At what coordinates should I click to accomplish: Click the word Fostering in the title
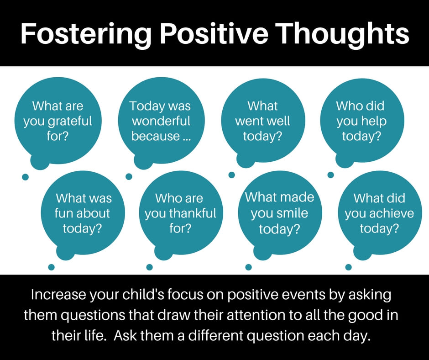tap(86, 35)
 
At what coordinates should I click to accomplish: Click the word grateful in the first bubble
tap(70, 122)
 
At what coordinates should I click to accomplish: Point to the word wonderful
tap(161, 121)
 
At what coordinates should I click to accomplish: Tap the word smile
tap(294, 213)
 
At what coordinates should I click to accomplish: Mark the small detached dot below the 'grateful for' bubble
tap(25, 177)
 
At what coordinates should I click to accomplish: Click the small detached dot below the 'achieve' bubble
tap(348, 267)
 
